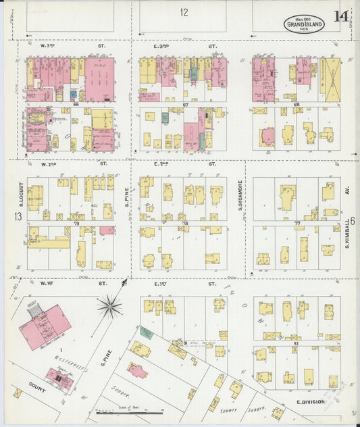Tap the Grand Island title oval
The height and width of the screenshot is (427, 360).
click(x=303, y=24)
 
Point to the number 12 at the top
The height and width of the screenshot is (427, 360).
click(x=184, y=12)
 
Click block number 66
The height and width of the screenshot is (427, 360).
click(x=76, y=105)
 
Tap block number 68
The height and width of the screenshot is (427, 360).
click(x=296, y=105)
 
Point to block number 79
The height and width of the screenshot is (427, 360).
click(x=76, y=222)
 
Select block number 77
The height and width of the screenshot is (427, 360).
click(x=296, y=222)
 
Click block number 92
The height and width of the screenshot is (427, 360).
click(x=296, y=343)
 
